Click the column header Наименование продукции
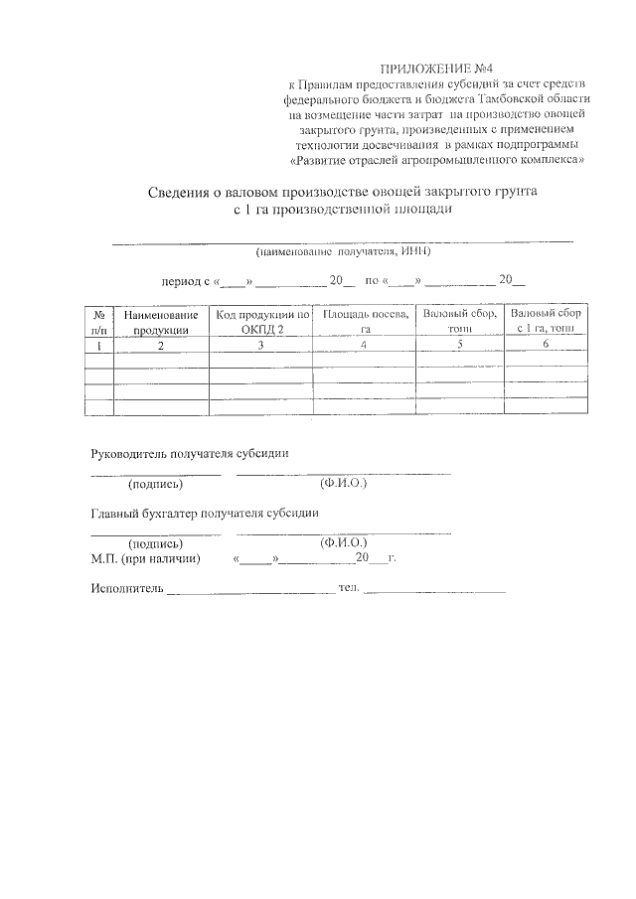[161, 322]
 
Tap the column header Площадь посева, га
[365, 322]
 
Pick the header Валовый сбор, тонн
[460, 322]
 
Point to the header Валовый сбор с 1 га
[546, 322]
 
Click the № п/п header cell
[98, 322]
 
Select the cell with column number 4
[365, 345]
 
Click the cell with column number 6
[546, 345]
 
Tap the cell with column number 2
[161, 346]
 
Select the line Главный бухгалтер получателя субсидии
[205, 514]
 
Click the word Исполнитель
[125, 589]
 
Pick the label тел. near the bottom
[348, 589]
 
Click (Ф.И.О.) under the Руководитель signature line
[343, 484]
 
